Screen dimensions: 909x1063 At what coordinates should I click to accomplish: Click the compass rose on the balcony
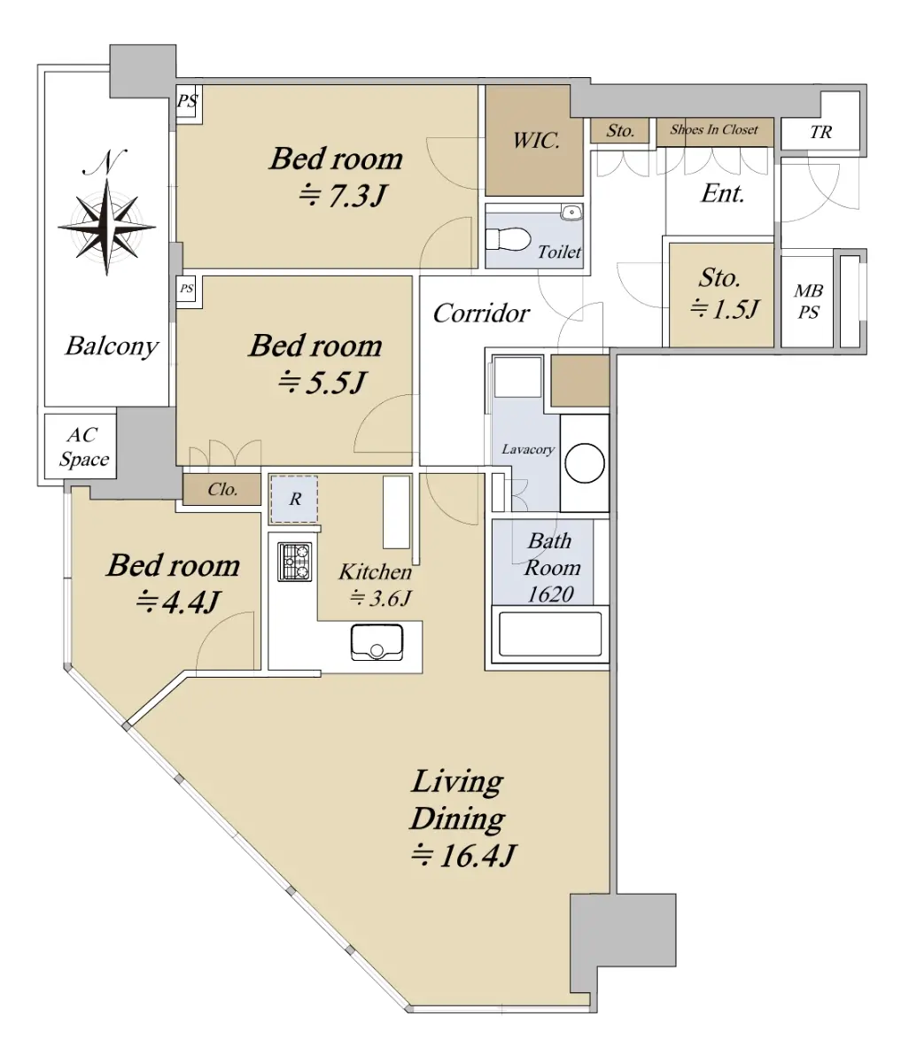[107, 227]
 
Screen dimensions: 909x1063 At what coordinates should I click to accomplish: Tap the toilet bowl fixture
[508, 240]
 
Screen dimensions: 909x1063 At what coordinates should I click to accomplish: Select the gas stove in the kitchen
[295, 562]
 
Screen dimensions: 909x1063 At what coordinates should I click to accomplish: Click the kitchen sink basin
[377, 642]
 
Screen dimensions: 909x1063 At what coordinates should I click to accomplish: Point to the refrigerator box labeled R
[294, 500]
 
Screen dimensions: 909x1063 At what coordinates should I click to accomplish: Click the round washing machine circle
[585, 462]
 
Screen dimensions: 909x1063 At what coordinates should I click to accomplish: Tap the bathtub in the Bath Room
[550, 634]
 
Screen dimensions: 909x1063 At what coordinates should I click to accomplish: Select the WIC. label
[536, 140]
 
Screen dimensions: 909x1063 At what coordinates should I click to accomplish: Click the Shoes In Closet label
[714, 129]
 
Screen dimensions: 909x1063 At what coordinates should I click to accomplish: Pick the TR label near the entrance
[820, 132]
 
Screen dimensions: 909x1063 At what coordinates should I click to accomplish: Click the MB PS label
[808, 301]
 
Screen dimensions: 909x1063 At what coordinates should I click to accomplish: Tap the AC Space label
[83, 446]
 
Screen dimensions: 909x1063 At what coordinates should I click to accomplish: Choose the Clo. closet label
[222, 489]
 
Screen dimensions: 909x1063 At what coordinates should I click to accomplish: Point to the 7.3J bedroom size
[343, 196]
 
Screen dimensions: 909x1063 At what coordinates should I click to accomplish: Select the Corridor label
[481, 314]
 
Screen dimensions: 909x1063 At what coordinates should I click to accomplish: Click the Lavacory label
[528, 449]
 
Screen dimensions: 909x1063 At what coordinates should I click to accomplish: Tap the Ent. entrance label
[723, 194]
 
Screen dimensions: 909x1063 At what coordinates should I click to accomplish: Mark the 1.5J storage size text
[725, 309]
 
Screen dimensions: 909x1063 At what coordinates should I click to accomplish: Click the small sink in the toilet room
[571, 212]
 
